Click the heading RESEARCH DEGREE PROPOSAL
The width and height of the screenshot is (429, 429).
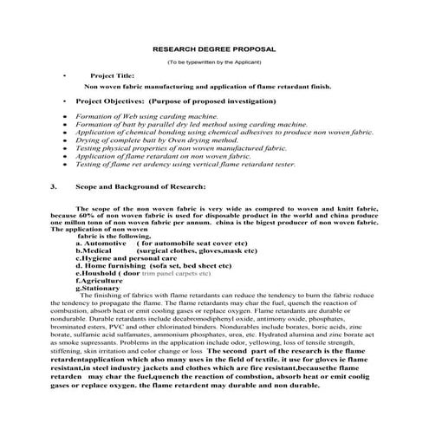pyautogui.click(x=214, y=50)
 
